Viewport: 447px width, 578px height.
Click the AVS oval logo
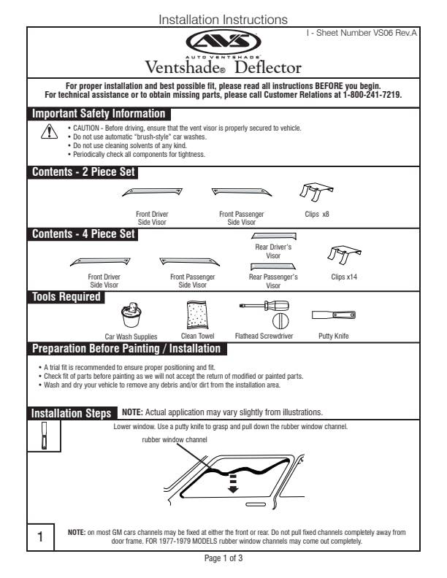[x=223, y=42]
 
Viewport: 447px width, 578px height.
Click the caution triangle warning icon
[x=48, y=132]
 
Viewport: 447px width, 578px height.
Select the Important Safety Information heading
[x=99, y=114]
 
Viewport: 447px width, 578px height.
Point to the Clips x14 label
[x=343, y=277]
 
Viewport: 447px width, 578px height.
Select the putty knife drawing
[x=333, y=315]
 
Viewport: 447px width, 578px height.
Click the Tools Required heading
[x=66, y=297]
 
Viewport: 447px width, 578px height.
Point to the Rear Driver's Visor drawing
[x=273, y=236]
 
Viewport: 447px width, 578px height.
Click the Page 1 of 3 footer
[x=223, y=559]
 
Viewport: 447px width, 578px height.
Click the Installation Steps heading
[x=71, y=414]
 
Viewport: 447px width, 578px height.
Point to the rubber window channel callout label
[x=175, y=439]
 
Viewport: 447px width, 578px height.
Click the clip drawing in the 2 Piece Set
[x=316, y=192]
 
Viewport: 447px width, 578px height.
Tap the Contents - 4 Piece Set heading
[x=83, y=234]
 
